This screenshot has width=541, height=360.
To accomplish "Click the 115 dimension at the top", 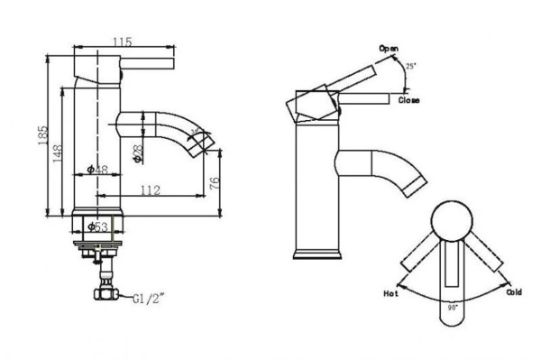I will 124,42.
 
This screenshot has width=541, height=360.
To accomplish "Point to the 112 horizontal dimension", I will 150,189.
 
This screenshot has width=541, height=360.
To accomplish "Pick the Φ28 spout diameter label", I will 138,153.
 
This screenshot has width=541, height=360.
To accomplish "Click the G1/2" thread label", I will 150,299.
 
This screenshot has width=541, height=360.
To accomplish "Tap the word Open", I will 389,48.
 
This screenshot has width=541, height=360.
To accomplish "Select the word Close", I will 408,100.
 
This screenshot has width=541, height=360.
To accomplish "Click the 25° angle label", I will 412,67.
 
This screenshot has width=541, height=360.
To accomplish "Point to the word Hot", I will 390,294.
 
